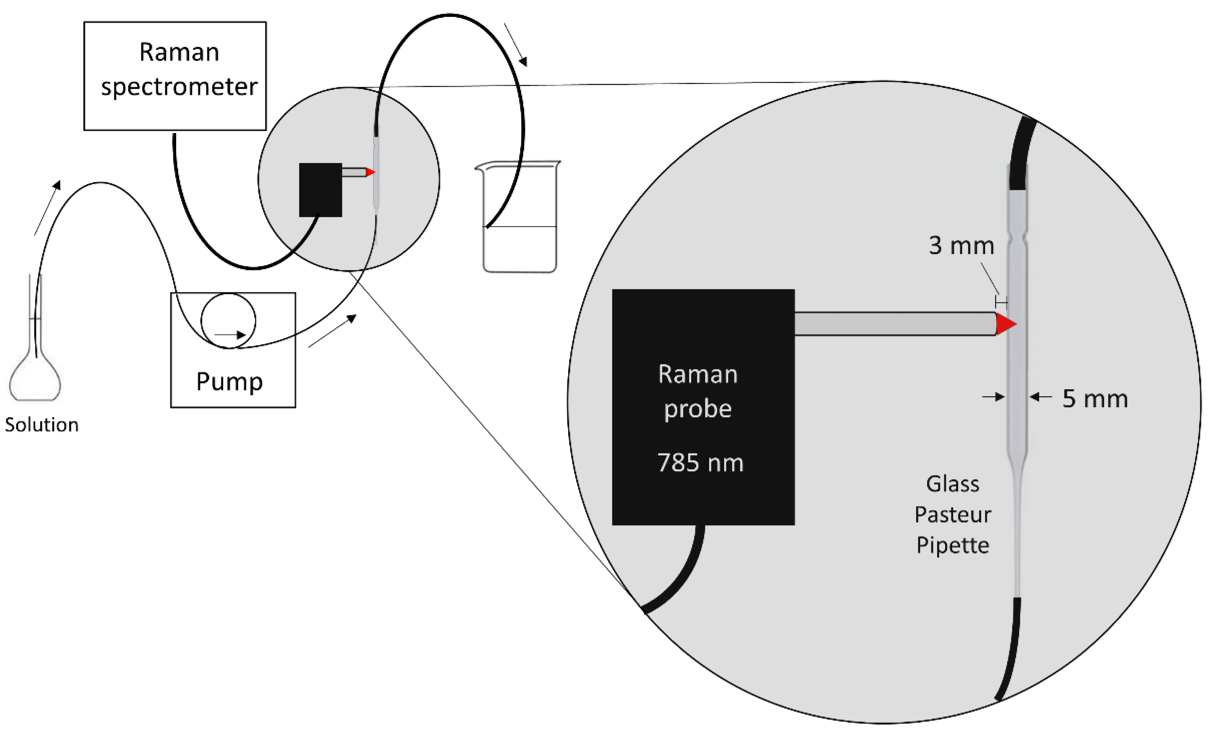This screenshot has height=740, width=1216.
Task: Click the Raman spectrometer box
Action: [x=175, y=76]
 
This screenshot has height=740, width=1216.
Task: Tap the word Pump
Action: [x=229, y=382]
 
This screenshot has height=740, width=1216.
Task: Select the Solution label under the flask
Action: [x=41, y=425]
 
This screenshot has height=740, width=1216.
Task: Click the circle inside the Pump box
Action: [x=228, y=321]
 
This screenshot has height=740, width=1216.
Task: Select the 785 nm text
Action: [x=700, y=463]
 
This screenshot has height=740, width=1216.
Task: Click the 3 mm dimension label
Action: [x=961, y=246]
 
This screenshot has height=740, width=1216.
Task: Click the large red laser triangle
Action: [x=1005, y=324]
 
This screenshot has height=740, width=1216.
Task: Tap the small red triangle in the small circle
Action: [x=370, y=172]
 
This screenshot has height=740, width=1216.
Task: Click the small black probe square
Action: [x=320, y=189]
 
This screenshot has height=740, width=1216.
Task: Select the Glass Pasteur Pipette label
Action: [x=952, y=515]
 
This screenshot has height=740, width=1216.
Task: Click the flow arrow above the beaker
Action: [x=516, y=45]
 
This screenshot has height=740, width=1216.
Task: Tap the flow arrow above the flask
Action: [x=48, y=207]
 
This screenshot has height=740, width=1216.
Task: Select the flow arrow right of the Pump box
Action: [x=332, y=331]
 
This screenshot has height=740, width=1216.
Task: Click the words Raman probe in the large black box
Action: [x=698, y=391]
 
